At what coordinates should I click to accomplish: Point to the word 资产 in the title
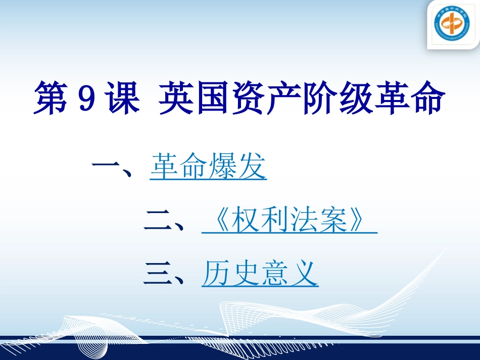266,98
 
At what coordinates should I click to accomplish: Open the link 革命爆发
208,167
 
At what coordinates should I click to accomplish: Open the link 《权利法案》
289,221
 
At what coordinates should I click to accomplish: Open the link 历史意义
260,274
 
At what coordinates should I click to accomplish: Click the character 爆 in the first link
223,167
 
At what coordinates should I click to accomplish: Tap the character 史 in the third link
245,274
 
